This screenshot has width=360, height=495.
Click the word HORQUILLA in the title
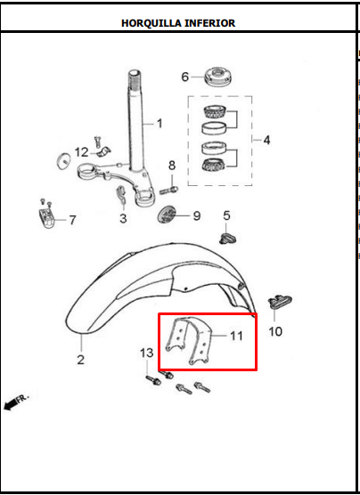[151, 23]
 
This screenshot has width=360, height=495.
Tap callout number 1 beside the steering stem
[160, 124]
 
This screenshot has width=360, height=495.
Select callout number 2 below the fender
[80, 360]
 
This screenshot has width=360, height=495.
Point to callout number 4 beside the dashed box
[266, 140]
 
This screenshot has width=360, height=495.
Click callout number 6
[184, 77]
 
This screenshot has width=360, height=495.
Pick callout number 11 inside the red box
[236, 336]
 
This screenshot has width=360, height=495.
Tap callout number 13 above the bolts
[147, 353]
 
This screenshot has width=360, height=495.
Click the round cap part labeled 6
[218, 77]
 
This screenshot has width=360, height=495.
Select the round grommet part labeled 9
[167, 215]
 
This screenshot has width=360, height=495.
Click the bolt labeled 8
[169, 191]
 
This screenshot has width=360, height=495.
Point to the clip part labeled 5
[227, 239]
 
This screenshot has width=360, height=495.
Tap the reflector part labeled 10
[280, 301]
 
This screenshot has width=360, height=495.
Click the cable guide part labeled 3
[121, 195]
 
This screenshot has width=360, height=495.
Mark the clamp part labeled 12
[102, 151]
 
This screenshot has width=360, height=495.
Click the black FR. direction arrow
[11, 404]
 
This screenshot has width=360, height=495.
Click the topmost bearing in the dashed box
[214, 111]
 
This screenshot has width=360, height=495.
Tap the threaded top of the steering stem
[135, 79]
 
